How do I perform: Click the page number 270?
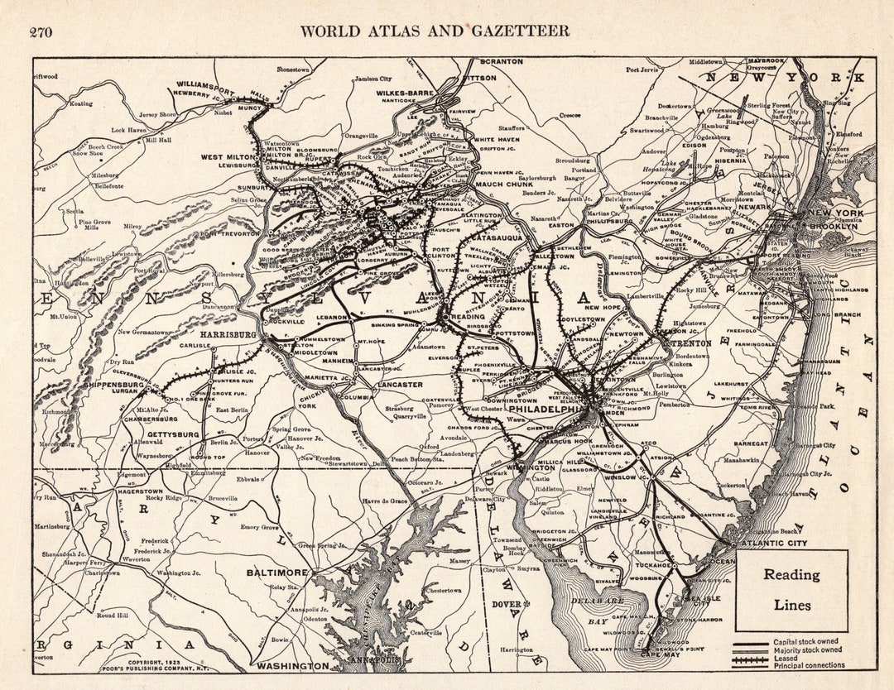pos(41,32)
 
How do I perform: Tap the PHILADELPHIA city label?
pos(546,409)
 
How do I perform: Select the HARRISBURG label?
pos(228,333)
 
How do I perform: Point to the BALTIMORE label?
pos(277,572)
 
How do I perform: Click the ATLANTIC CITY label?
pos(774,543)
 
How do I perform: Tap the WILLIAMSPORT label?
pos(206,84)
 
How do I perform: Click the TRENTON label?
pos(695,342)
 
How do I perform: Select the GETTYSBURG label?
pos(174,434)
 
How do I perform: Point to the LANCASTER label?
pos(399,384)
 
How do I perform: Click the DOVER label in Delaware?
pos(507,604)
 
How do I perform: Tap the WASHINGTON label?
pos(292,665)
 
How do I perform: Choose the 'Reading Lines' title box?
pos(791,589)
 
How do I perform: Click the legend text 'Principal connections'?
pos(809,664)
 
